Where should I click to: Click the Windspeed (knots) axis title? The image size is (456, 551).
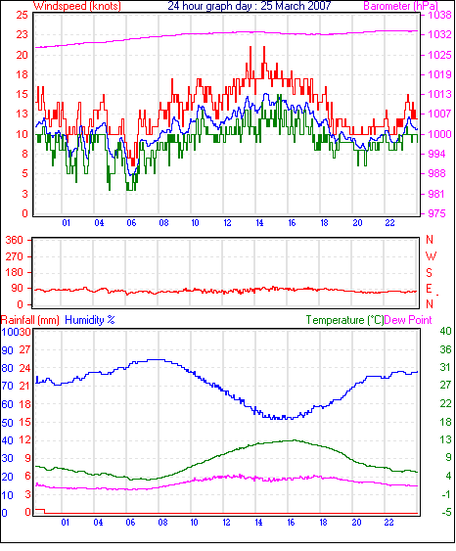pyautogui.click(x=77, y=6)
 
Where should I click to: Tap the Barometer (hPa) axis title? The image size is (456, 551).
pyautogui.click(x=401, y=6)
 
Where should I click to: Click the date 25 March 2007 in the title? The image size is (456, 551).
pyautogui.click(x=296, y=6)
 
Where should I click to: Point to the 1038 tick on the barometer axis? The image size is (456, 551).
pyautogui.click(x=439, y=15)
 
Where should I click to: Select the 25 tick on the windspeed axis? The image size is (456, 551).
pyautogui.click(x=22, y=15)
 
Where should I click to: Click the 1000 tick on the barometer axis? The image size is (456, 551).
pyautogui.click(x=439, y=134)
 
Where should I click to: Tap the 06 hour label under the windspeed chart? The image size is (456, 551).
pyautogui.click(x=131, y=223)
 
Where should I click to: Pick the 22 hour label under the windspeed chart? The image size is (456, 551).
pyautogui.click(x=389, y=223)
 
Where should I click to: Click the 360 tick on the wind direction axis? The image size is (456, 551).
pyautogui.click(x=15, y=241)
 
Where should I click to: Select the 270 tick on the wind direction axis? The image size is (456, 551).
pyautogui.click(x=15, y=256)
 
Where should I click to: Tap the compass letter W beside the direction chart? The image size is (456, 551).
pyautogui.click(x=431, y=256)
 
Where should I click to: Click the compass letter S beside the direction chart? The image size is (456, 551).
pyautogui.click(x=429, y=273)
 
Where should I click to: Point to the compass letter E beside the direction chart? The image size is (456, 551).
pyautogui.click(x=429, y=289)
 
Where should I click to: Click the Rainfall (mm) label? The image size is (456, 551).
pyautogui.click(x=30, y=320)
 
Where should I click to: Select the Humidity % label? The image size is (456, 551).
pyautogui.click(x=90, y=320)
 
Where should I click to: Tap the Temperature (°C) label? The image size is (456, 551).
pyautogui.click(x=344, y=320)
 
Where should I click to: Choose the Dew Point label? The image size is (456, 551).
pyautogui.click(x=408, y=320)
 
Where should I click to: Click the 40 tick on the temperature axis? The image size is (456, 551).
pyautogui.click(x=445, y=331)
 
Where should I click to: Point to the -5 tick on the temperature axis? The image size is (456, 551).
pyautogui.click(x=445, y=513)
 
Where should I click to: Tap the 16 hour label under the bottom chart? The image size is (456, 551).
pyautogui.click(x=291, y=523)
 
